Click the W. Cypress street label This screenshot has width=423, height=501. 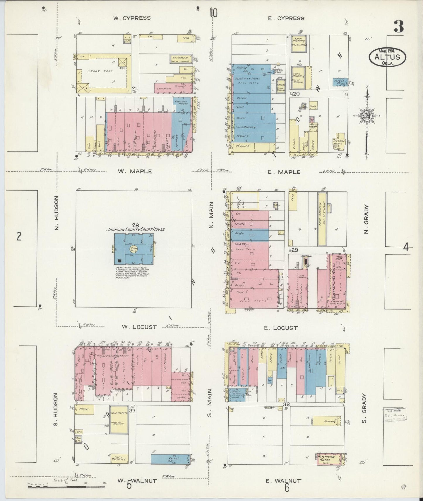132,18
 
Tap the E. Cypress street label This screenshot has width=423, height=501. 286,18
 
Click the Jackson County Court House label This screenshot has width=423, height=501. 135,229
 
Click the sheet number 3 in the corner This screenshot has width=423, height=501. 398,27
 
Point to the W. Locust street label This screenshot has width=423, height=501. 139,327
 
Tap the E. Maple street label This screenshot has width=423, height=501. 284,172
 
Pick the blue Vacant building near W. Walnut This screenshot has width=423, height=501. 170,459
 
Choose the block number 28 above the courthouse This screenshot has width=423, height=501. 135,225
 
